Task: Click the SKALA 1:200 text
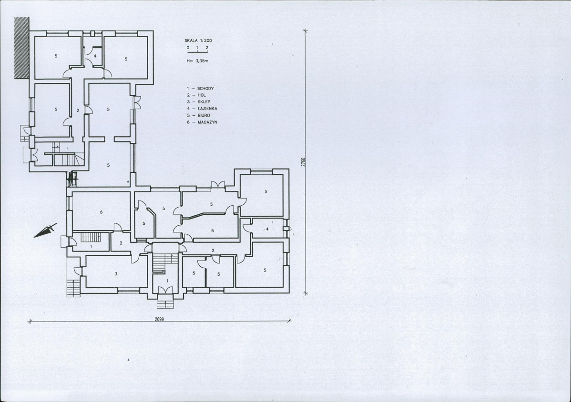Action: (x=198, y=41)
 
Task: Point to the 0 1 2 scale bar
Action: (x=197, y=50)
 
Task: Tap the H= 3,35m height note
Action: (x=197, y=61)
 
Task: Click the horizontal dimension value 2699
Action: (x=160, y=320)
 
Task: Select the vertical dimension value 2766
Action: (x=303, y=162)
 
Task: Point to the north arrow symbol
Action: (x=46, y=230)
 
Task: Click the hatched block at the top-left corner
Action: (x=21, y=48)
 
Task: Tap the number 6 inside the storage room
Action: (x=101, y=212)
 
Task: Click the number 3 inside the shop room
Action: (x=116, y=274)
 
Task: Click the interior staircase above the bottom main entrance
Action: (x=159, y=262)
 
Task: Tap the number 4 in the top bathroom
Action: (x=95, y=56)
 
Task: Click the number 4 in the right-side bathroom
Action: (x=267, y=229)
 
